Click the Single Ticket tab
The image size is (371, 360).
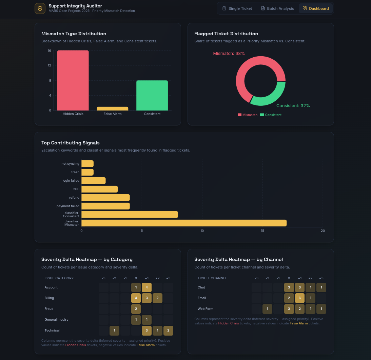(x=237, y=8)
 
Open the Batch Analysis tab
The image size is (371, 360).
(x=277, y=8)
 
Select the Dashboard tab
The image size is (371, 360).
(x=316, y=8)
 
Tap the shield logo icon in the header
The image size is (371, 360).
(x=40, y=8)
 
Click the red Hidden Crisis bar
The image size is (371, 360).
(x=73, y=80)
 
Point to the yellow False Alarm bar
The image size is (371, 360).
(x=112, y=108)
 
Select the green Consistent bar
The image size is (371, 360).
(x=152, y=96)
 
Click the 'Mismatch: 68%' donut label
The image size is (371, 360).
(x=229, y=54)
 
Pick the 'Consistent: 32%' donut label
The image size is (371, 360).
(x=293, y=106)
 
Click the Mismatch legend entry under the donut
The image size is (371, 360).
(x=248, y=115)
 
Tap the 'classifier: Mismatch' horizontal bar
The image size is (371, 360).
(x=184, y=223)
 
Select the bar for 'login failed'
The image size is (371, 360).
(x=94, y=181)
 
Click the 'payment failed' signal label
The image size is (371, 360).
(x=68, y=206)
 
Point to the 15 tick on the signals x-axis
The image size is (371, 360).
(x=262, y=231)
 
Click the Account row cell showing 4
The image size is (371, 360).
(x=147, y=287)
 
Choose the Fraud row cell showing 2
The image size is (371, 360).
(x=136, y=309)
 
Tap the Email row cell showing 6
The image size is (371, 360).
(x=300, y=298)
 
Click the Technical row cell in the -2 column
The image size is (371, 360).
(x=114, y=331)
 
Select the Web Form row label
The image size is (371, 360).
(x=206, y=309)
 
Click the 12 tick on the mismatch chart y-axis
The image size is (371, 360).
(x=50, y=65)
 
